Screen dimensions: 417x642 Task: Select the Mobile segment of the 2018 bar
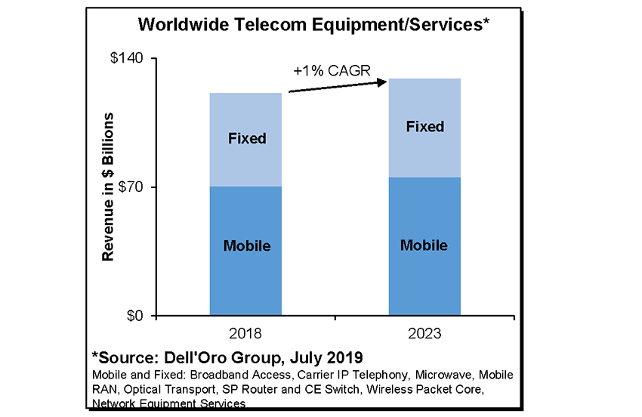pos(245,272)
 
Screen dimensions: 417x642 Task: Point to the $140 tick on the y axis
pos(130,59)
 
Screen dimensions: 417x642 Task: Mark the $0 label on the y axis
pos(137,316)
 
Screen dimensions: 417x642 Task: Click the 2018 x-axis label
pos(245,333)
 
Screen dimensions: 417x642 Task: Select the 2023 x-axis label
pos(424,333)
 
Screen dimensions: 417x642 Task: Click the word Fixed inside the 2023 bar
pos(424,127)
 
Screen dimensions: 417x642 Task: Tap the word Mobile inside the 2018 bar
pos(246,246)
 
